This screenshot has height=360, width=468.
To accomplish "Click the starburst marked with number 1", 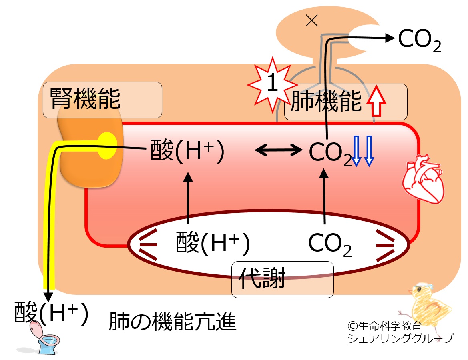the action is click(272, 84).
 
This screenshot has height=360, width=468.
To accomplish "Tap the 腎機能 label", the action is click(85, 99).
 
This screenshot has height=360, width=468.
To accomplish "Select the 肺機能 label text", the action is click(326, 102).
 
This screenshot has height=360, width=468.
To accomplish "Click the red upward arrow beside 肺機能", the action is click(376, 101).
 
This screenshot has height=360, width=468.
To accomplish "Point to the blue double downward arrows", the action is click(363, 151).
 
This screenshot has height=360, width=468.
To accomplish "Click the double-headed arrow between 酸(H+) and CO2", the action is click(279, 150).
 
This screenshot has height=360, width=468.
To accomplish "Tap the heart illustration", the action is click(423, 178).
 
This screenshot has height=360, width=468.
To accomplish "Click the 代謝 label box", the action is click(282, 280).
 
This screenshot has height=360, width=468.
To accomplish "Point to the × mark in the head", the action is click(312, 20).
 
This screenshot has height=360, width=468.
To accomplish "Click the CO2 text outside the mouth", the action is click(419, 40).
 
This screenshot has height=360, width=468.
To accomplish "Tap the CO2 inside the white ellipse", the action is click(330, 244).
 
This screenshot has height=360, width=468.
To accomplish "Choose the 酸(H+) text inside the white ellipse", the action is click(213, 243).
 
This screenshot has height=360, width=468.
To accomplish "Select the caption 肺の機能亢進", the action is click(173, 322).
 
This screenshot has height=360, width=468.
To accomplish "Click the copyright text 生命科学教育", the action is click(385, 326).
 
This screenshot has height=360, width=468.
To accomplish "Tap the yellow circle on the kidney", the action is click(107, 146).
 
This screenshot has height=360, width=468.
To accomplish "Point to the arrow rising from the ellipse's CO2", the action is click(324, 196).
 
